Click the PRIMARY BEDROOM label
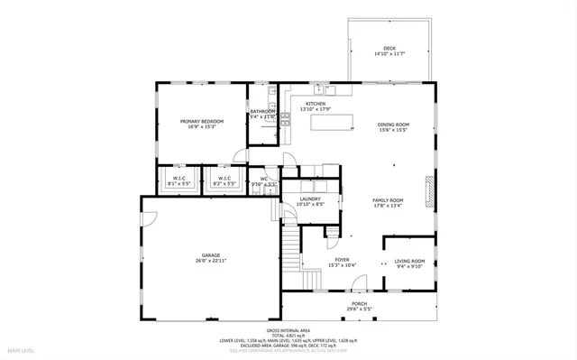(x=201, y=121)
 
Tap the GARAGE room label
(x=211, y=255)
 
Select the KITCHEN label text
(x=316, y=104)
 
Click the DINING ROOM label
(x=393, y=125)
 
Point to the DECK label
(x=389, y=49)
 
